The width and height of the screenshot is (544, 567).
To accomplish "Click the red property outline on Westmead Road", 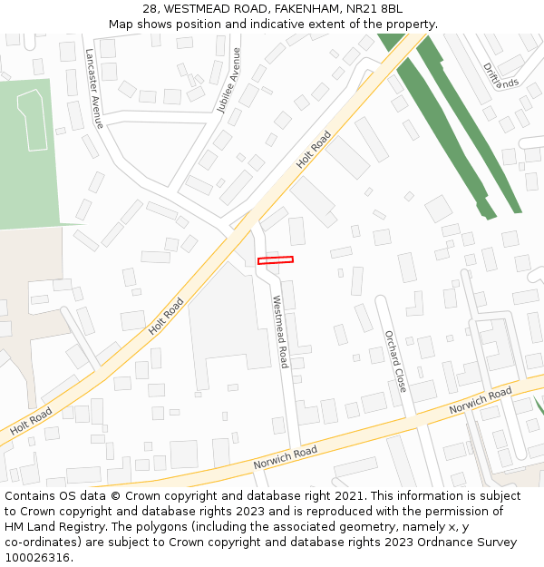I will (x=276, y=260).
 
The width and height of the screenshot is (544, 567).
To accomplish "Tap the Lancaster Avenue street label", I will (x=94, y=88).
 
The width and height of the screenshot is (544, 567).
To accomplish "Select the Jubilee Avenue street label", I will (x=229, y=80).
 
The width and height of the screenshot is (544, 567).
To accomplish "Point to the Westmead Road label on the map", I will (x=280, y=331).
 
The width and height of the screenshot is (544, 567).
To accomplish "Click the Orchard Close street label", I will (x=395, y=360).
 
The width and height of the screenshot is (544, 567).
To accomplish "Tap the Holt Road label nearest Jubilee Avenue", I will (x=314, y=150).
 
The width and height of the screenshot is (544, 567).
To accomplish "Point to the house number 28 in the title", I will (x=150, y=9).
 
